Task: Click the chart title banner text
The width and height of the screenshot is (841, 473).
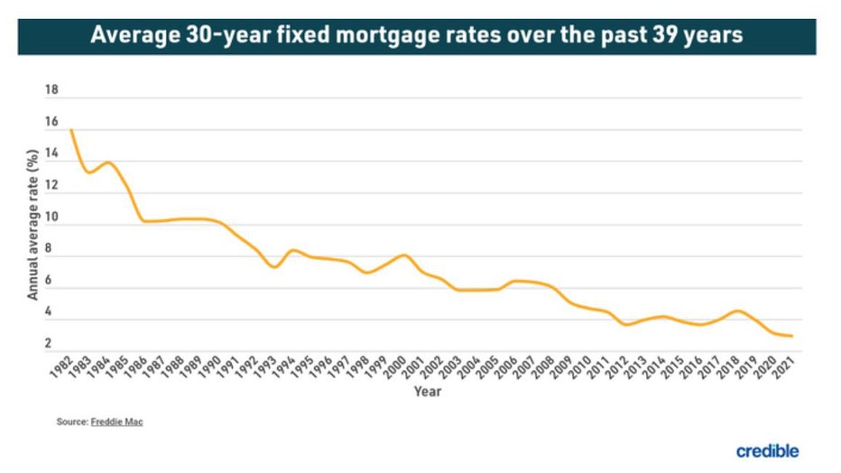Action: tap(417, 36)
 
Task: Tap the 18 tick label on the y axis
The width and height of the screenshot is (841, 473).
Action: tap(51, 90)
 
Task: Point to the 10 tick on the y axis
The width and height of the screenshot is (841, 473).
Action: tap(51, 217)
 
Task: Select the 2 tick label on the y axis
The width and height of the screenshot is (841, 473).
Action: tap(52, 343)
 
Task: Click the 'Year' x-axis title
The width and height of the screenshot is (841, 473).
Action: tap(427, 392)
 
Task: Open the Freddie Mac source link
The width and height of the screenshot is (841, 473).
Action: tap(116, 422)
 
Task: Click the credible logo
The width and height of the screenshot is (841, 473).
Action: tap(767, 450)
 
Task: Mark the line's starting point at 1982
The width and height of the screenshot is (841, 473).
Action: tap(70, 130)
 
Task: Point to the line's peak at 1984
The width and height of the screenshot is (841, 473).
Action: tap(108, 162)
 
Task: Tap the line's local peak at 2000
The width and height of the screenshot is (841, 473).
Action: tap(404, 255)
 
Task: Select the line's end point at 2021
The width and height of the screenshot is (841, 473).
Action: tap(791, 336)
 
